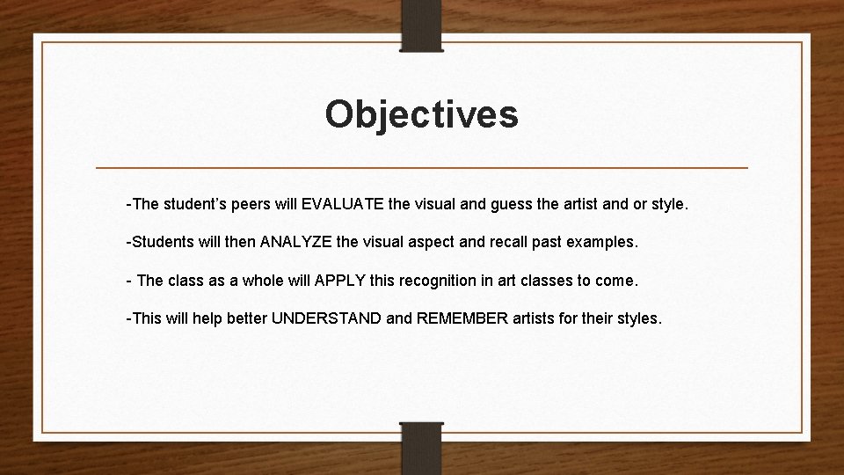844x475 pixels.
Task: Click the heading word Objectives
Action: click(x=421, y=114)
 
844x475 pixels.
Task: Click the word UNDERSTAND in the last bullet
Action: click(x=326, y=318)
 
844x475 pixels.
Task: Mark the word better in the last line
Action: click(x=245, y=318)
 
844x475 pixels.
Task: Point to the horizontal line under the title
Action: click(x=421, y=167)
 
